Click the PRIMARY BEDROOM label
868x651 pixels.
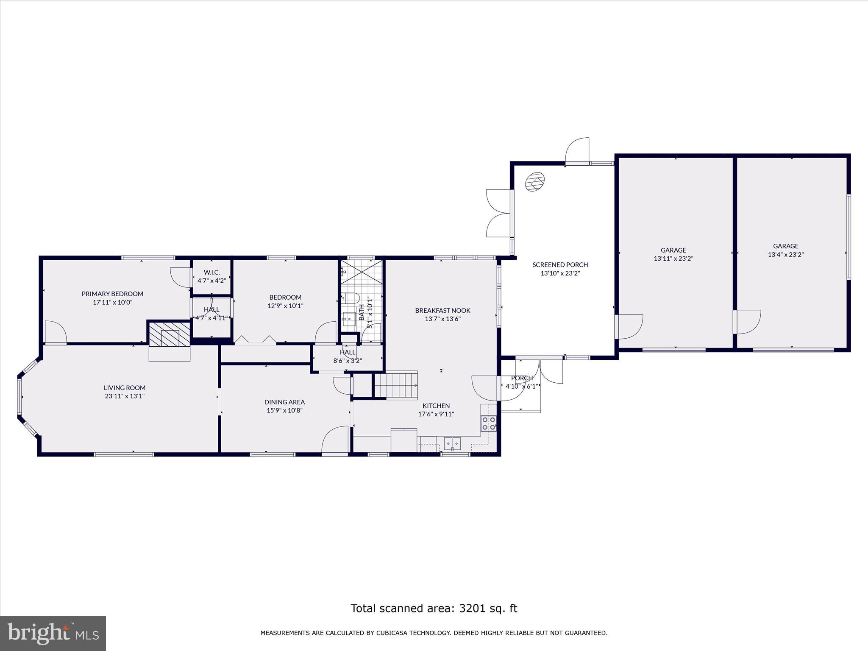click(x=112, y=294)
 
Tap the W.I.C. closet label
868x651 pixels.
click(x=212, y=272)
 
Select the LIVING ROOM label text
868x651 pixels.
click(x=125, y=387)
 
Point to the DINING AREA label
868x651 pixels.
click(x=284, y=402)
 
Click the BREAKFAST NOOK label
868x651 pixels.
click(x=442, y=310)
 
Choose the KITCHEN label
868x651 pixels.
click(x=436, y=406)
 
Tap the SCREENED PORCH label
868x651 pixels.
click(x=560, y=264)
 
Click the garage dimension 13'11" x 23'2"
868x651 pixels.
click(x=673, y=259)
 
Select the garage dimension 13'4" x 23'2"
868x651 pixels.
click(x=786, y=255)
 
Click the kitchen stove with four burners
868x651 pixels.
click(x=489, y=423)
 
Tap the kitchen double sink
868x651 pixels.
click(x=453, y=443)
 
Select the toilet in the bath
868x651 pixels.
click(x=351, y=298)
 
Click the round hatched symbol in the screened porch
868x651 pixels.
click(x=534, y=183)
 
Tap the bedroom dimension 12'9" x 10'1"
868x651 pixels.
click(x=285, y=306)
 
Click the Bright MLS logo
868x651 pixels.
click(x=53, y=633)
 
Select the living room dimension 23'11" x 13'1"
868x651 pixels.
click(x=125, y=396)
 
